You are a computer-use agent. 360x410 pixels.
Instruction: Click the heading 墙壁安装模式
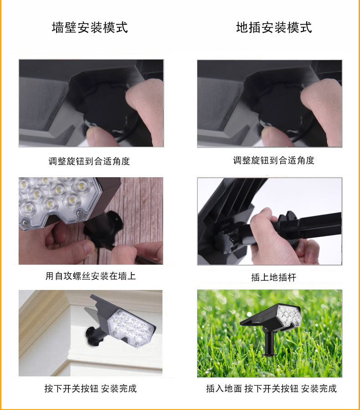click(x=90, y=27)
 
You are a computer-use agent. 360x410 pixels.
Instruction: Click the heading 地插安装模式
click(x=274, y=27)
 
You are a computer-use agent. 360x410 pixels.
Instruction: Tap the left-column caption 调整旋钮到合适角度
click(x=89, y=161)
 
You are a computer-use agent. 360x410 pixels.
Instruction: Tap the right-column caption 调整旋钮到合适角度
click(x=273, y=160)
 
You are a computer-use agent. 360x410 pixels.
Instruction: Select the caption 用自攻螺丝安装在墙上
click(x=90, y=276)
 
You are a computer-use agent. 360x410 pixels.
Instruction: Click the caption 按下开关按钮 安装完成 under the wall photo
click(x=90, y=389)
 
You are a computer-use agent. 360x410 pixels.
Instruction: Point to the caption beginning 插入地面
click(x=271, y=389)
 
